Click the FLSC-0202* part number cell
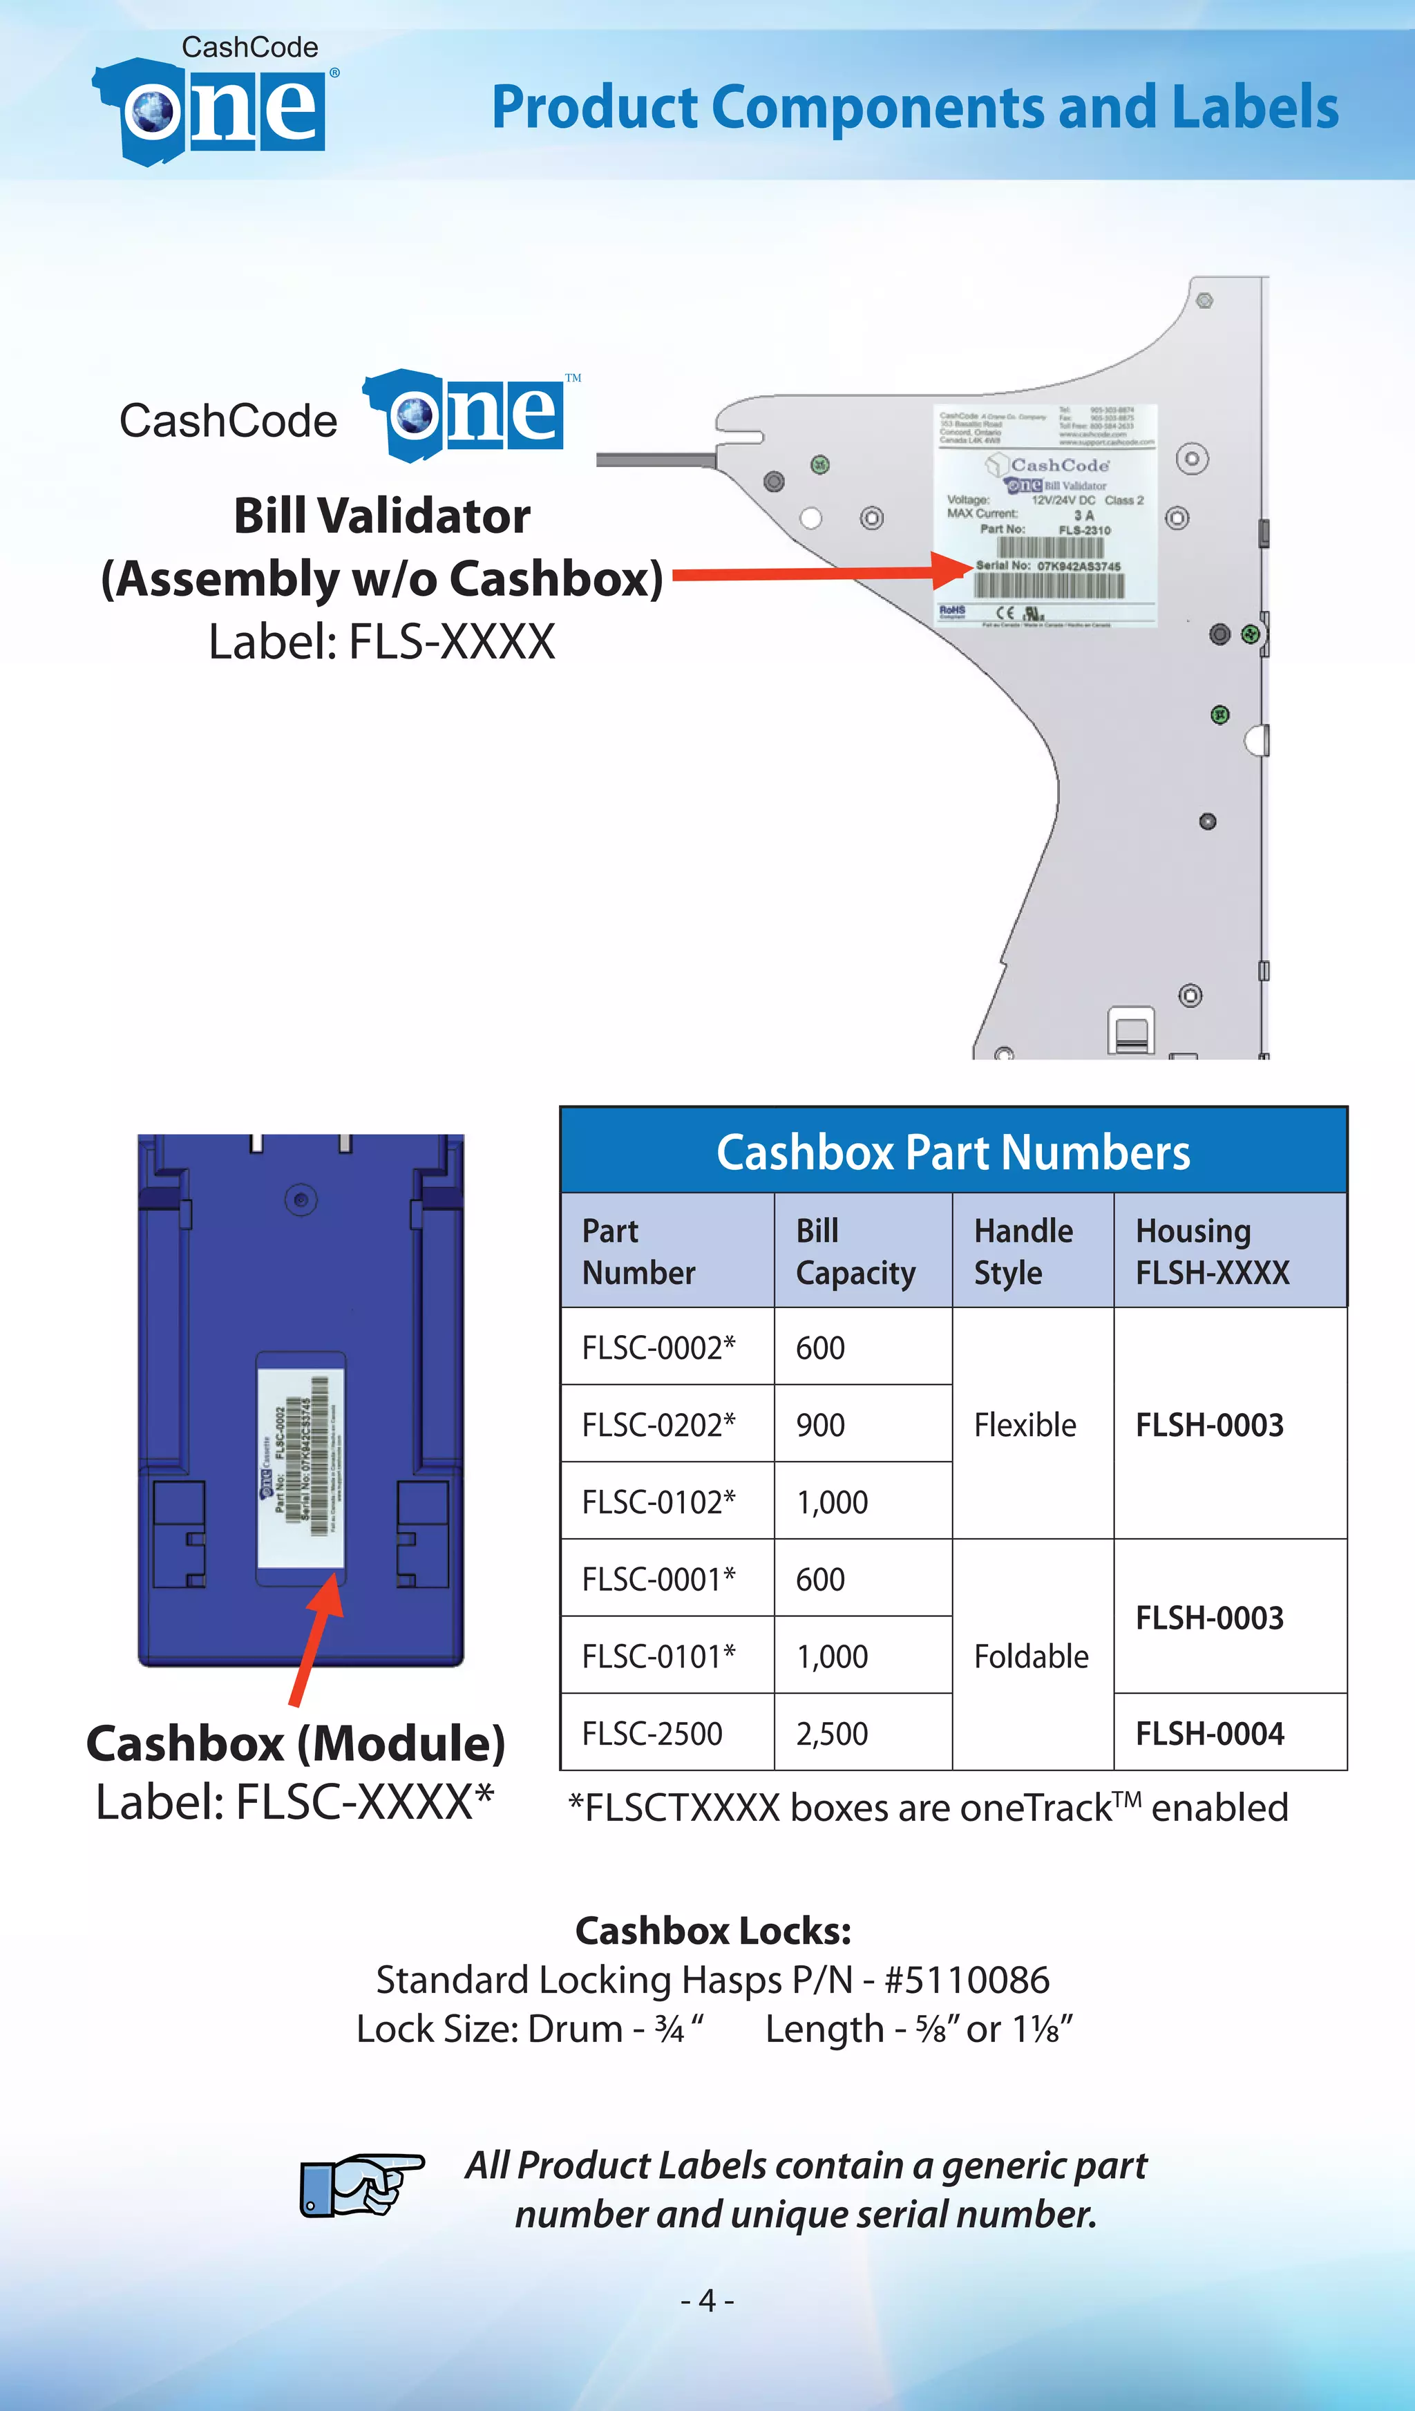tap(658, 1425)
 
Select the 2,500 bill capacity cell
tap(831, 1734)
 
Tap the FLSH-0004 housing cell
tap(1209, 1734)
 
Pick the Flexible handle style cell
tap(1025, 1425)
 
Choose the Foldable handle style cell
tap(1030, 1656)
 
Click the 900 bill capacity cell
tap(820, 1425)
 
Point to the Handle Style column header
tap(1023, 1251)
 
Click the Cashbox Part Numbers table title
tap(953, 1152)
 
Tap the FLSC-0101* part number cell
tap(658, 1656)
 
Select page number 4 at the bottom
tap(707, 2300)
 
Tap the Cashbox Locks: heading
tap(713, 1931)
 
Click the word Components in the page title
tap(880, 107)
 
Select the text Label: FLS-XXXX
tap(382, 642)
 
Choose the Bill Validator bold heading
tap(382, 516)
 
